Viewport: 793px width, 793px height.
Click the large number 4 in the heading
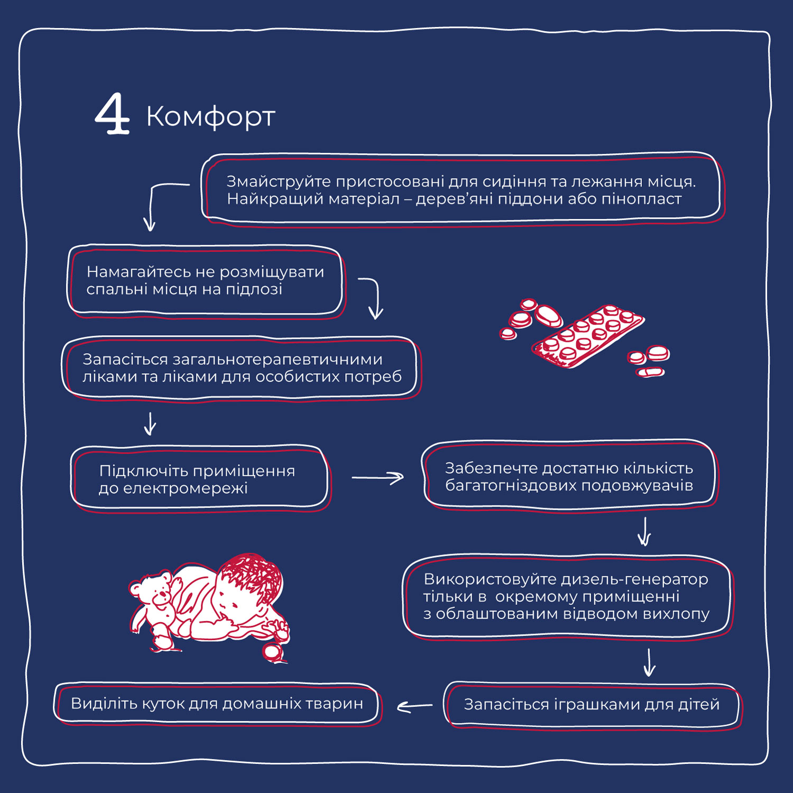coord(113,114)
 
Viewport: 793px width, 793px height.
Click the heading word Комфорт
coord(210,116)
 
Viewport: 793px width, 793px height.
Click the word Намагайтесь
coord(139,272)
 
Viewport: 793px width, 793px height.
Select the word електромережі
coord(185,488)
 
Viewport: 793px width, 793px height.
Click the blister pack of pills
coord(588,336)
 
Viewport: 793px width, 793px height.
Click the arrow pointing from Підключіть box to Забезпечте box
coord(377,477)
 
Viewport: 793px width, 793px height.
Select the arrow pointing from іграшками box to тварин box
coord(414,706)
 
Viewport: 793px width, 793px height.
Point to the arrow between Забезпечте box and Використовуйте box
coord(644,531)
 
